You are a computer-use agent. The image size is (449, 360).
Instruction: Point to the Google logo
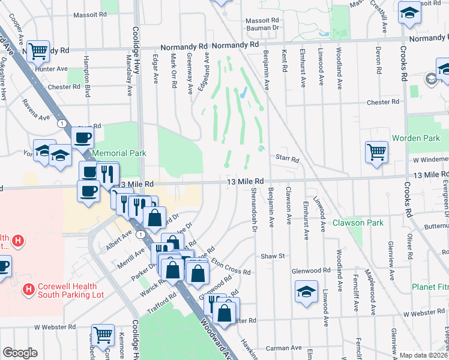[x=19, y=353]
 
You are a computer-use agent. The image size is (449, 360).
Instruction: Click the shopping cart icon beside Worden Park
[x=376, y=152]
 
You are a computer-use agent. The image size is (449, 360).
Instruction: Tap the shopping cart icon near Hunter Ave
[x=38, y=52]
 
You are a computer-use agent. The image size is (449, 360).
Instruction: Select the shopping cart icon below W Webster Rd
[x=103, y=335]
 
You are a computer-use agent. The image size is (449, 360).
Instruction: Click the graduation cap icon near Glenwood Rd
[x=306, y=292]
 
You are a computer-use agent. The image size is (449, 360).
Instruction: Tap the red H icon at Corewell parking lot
[x=28, y=290]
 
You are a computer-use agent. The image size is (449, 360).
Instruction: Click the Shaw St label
[x=272, y=256]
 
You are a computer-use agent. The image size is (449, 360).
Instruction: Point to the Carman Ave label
[x=283, y=347]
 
